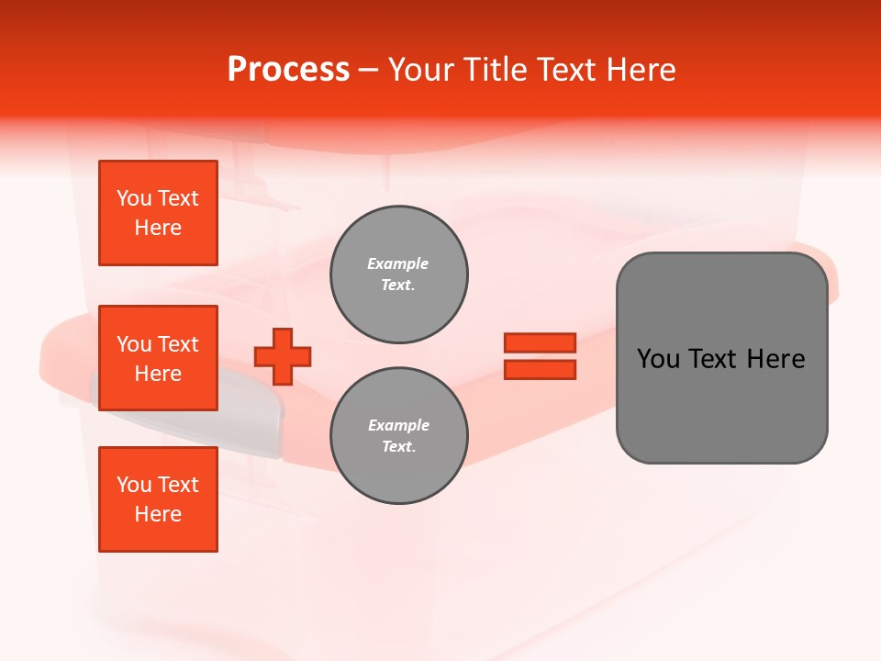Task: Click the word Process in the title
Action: tap(288, 70)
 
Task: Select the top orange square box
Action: tap(158, 213)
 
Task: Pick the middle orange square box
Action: tap(158, 358)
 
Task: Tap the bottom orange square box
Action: tap(158, 499)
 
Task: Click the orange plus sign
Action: tap(283, 356)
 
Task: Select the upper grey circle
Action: tap(399, 274)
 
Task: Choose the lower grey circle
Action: tap(399, 436)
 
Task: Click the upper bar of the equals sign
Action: tap(540, 342)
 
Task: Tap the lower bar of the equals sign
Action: tap(540, 369)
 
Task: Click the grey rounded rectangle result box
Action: tap(721, 358)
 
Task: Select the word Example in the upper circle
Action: tap(398, 263)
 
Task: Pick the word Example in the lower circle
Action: tap(398, 425)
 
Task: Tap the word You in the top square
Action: tap(134, 198)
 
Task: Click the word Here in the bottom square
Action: tap(158, 514)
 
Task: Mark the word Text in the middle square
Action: tap(179, 344)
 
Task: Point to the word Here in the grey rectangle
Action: tap(776, 359)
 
